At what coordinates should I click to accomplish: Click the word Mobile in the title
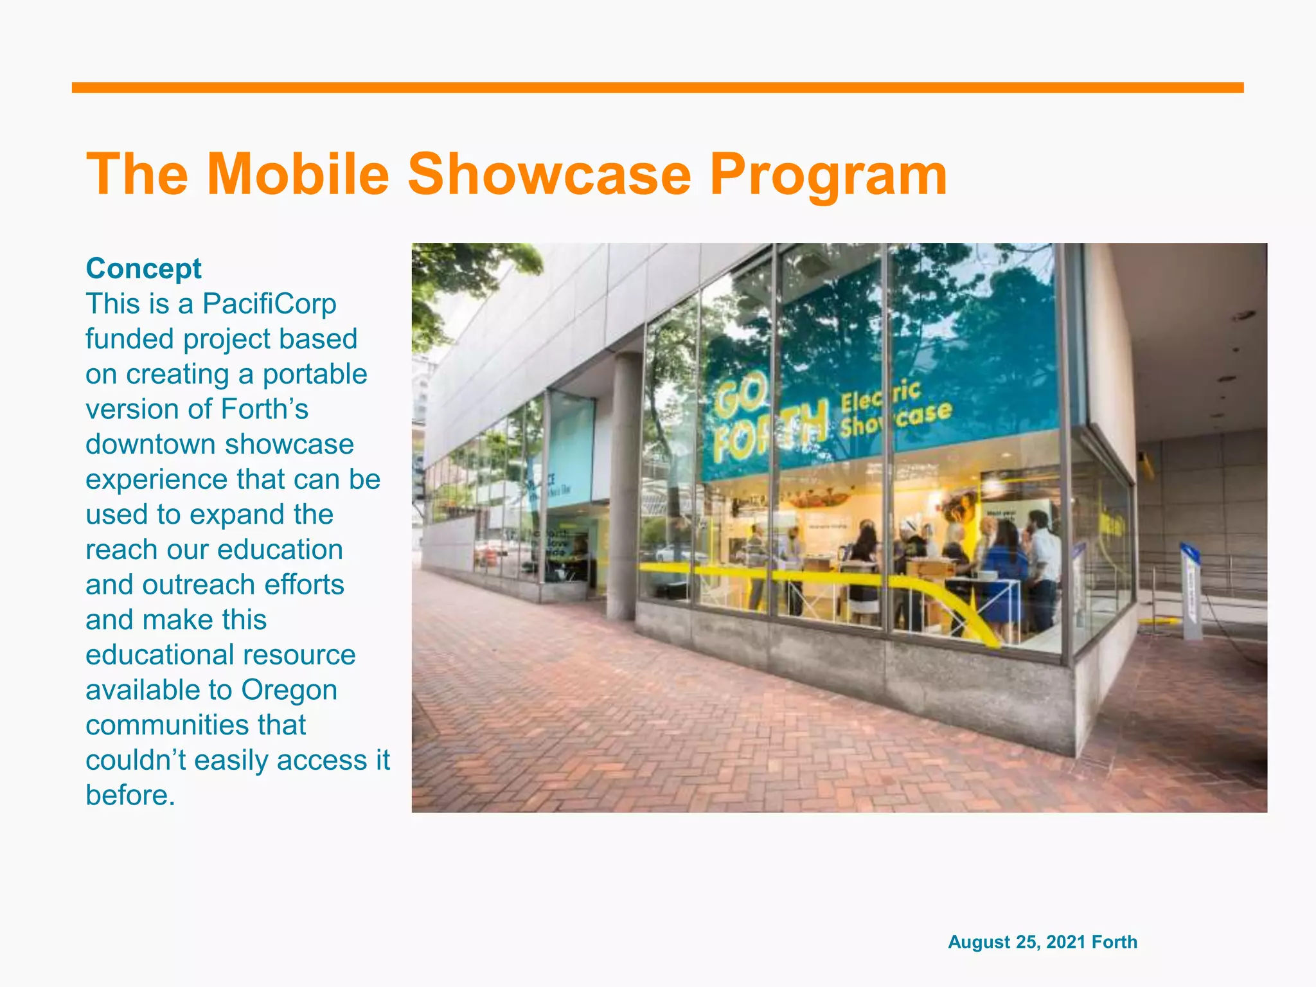pyautogui.click(x=298, y=175)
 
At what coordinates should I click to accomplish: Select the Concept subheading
pyautogui.click(x=143, y=269)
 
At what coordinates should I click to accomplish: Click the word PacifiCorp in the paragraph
pyautogui.click(x=269, y=304)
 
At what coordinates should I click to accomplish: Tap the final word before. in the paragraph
pyautogui.click(x=130, y=796)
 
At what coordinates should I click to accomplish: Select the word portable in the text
pyautogui.click(x=314, y=374)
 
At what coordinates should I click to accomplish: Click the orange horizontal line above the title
pyautogui.click(x=657, y=88)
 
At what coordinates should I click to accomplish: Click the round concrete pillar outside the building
pyautogui.click(x=621, y=488)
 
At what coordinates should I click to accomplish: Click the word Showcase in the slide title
pyautogui.click(x=549, y=175)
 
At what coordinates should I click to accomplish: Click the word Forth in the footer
pyautogui.click(x=1114, y=942)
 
